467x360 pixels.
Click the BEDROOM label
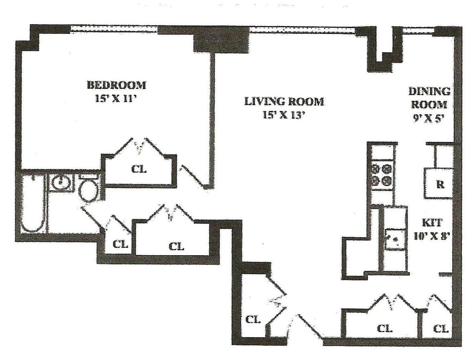pos(116,85)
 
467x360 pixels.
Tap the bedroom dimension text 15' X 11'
pos(115,98)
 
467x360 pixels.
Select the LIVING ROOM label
pos(284,102)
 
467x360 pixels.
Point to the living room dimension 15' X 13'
pos(284,115)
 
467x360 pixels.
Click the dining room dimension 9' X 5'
pos(429,119)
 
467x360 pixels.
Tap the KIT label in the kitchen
pos(432,223)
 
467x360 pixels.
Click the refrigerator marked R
pos(439,184)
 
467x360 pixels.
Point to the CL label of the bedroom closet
pos(139,170)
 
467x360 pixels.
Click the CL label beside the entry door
pos(253,320)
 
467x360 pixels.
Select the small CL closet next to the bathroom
pos(120,244)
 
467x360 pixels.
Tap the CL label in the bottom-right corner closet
pos(441,329)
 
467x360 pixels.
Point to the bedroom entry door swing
pos(193,176)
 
